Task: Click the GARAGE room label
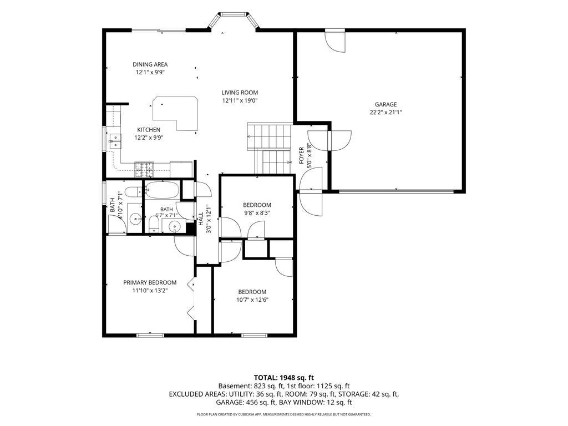(x=386, y=104)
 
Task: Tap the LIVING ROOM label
(x=240, y=93)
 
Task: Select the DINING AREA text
(x=150, y=64)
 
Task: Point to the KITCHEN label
(x=149, y=130)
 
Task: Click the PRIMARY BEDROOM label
(x=150, y=282)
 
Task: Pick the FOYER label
(x=301, y=155)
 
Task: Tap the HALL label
(x=200, y=219)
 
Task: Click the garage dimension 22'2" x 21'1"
(x=386, y=112)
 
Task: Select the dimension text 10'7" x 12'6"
(x=252, y=300)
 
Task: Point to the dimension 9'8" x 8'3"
(x=257, y=213)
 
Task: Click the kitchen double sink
(x=115, y=141)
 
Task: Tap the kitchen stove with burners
(x=144, y=169)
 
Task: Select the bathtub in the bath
(x=162, y=190)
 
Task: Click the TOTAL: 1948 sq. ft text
(x=283, y=378)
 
